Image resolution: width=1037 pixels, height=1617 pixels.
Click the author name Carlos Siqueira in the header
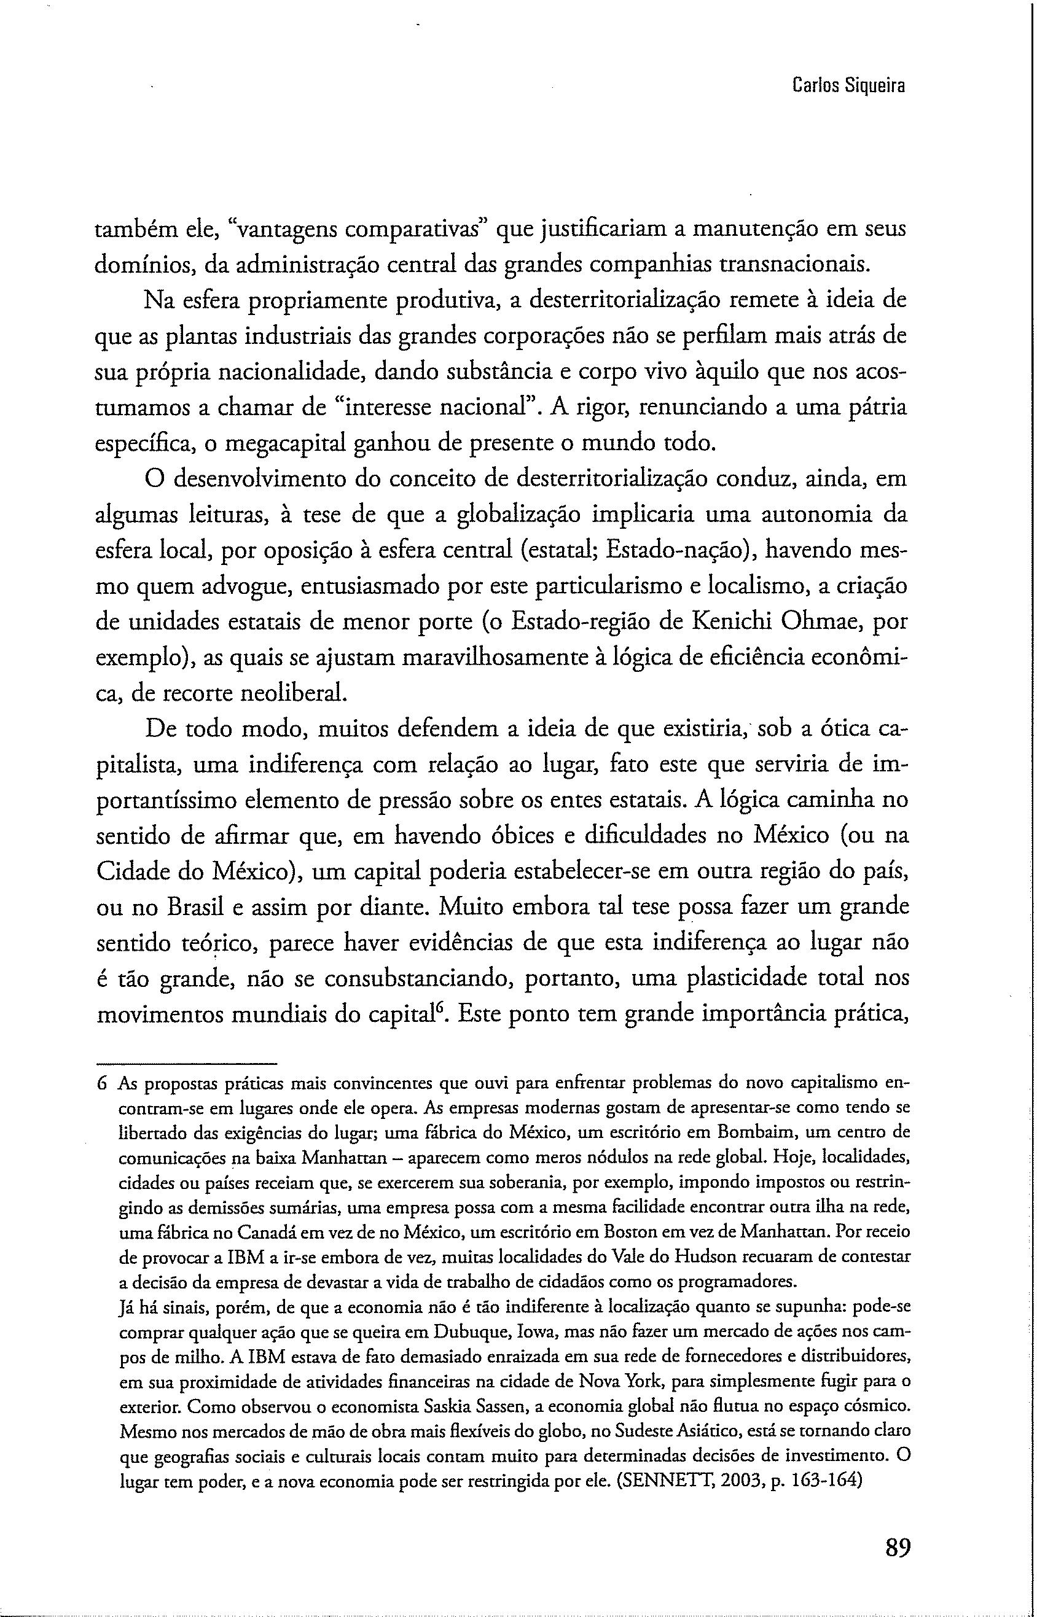point(849,86)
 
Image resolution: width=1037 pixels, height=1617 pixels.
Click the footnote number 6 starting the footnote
point(103,1084)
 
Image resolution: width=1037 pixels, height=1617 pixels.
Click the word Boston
point(625,1232)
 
